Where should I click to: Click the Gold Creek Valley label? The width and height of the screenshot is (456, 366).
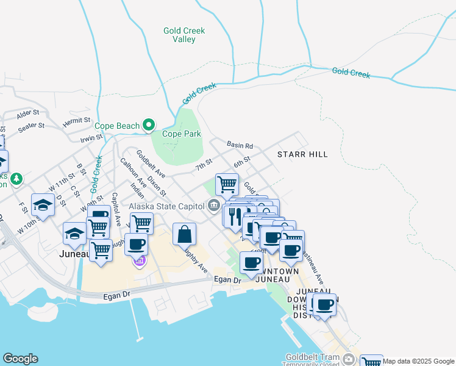[184, 35]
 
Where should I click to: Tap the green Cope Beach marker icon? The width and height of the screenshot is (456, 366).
[149, 126]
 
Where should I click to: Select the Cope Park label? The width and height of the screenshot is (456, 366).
[181, 134]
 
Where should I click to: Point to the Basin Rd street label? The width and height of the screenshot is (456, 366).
[240, 146]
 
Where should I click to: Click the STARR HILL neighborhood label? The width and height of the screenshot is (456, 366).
[302, 154]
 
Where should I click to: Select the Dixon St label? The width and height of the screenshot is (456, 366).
[157, 185]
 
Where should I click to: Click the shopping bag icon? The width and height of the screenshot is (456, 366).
[184, 234]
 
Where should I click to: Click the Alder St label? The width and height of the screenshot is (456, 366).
[28, 113]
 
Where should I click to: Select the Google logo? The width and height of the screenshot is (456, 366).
[20, 359]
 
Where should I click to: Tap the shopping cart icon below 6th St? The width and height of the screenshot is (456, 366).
[227, 184]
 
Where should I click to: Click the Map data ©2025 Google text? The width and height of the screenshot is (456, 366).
[418, 361]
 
